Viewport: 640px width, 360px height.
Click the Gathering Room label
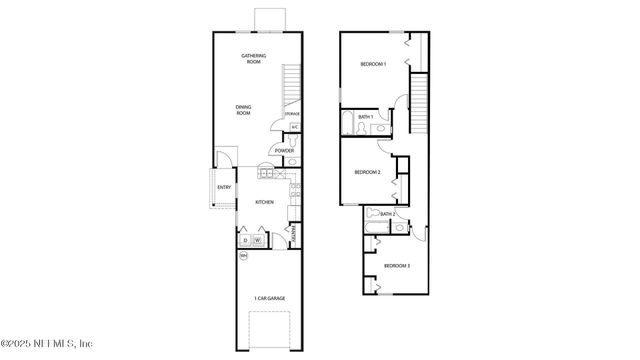coord(251,58)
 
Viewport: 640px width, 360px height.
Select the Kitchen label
coord(264,202)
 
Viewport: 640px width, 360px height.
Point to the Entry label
coord(223,187)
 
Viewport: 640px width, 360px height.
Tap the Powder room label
coord(283,151)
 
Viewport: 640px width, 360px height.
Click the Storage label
coord(292,115)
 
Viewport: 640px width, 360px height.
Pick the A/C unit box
coord(295,127)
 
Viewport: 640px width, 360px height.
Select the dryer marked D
coord(244,240)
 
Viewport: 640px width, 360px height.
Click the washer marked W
coord(258,240)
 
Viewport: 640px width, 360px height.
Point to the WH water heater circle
coord(242,256)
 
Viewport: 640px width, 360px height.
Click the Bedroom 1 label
coord(373,65)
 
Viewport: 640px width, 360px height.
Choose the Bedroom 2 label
coord(368,172)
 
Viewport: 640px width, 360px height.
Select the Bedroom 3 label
coord(397,265)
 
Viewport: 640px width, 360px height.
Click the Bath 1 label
coord(365,117)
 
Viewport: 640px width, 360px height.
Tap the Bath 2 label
coord(387,214)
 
